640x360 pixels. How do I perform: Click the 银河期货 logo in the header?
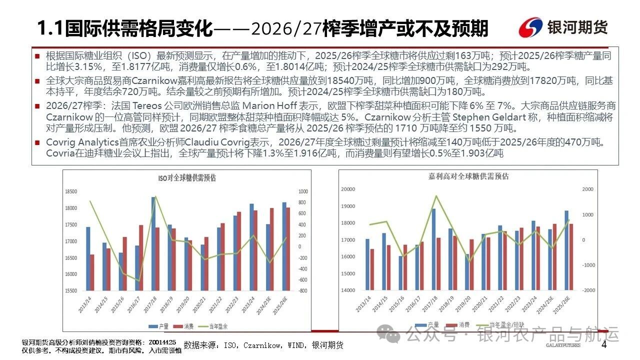pos(563,27)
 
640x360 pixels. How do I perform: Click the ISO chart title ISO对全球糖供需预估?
pos(187,177)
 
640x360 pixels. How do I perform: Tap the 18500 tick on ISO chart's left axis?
pos(71,191)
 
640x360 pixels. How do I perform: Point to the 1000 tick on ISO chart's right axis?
pos(303,191)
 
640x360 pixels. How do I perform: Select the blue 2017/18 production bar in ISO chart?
pos(153,243)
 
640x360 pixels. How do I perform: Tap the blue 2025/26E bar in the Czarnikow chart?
pos(566,250)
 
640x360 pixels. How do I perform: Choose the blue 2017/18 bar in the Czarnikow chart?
pos(433,249)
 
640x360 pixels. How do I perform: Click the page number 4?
pos(603,345)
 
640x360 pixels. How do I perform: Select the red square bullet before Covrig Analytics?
pos(37,143)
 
